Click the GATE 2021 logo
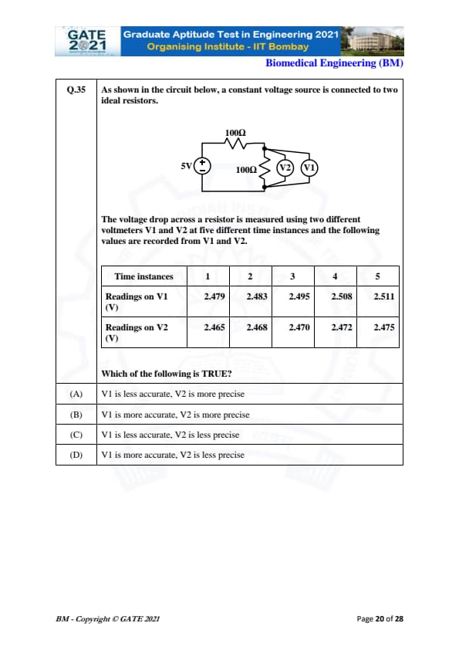(x=87, y=41)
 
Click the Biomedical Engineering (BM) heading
(x=334, y=63)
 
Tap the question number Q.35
(x=76, y=90)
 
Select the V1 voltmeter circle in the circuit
(x=309, y=168)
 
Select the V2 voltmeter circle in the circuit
(x=285, y=168)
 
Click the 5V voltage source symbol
(x=202, y=166)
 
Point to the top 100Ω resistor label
(x=235, y=133)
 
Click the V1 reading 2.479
(x=214, y=296)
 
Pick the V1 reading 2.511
(x=384, y=296)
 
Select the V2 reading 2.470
(x=299, y=327)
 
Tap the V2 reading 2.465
(x=214, y=327)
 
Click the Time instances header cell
(x=143, y=276)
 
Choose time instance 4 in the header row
(x=335, y=276)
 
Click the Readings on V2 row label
(x=137, y=333)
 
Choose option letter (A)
(x=76, y=394)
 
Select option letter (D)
(x=76, y=455)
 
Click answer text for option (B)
(x=175, y=415)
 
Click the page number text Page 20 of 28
(x=380, y=619)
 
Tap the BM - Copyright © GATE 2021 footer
(x=108, y=619)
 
